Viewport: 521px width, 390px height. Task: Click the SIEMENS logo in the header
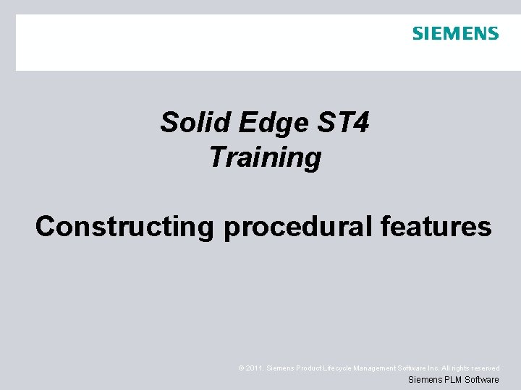coord(455,33)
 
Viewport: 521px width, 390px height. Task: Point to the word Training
coord(265,157)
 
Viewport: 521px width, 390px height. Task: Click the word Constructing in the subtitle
coord(124,227)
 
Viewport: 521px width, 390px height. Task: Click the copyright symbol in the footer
coord(241,368)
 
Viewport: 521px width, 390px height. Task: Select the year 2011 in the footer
coord(254,368)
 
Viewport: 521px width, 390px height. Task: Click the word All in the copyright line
coord(454,368)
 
